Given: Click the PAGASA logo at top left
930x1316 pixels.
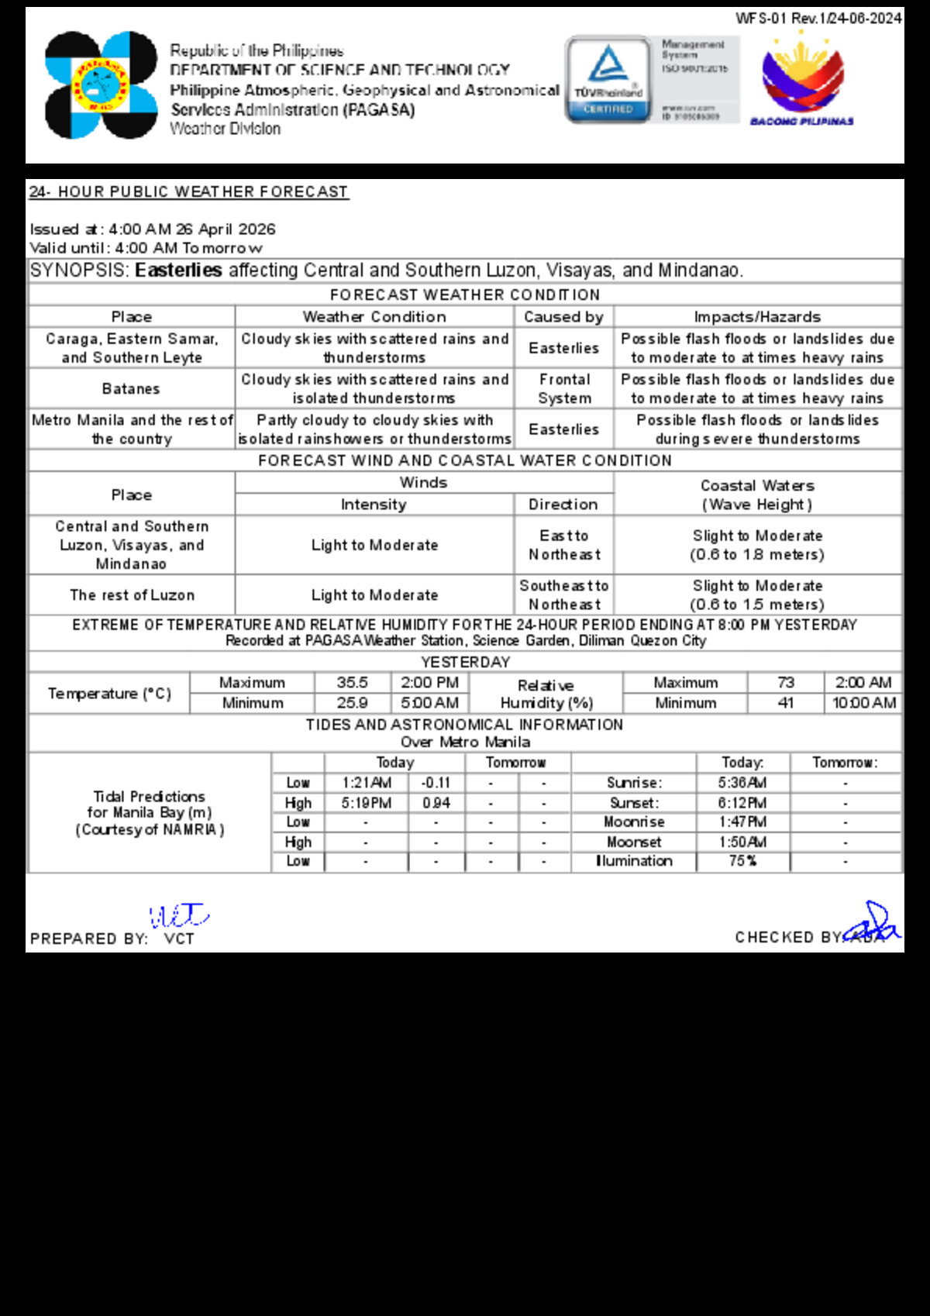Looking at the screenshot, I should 101,85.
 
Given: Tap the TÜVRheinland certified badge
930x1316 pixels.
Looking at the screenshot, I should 608,79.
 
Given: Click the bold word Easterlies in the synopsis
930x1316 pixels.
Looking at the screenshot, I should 178,270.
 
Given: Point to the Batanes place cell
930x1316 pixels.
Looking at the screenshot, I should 131,388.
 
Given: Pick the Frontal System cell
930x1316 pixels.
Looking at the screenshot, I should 564,388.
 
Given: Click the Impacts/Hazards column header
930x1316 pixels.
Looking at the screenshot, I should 757,316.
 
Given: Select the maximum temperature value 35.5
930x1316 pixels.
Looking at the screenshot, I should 352,683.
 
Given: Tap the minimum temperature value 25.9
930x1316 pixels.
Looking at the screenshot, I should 352,703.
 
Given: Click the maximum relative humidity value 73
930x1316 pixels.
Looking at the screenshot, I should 786,683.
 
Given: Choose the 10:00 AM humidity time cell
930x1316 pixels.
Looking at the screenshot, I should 864,703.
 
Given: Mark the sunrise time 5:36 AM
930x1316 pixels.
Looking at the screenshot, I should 742,783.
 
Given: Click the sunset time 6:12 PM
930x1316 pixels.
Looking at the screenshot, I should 742,803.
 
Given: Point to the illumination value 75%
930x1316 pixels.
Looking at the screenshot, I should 742,861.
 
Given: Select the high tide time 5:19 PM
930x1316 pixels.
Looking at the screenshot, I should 367,803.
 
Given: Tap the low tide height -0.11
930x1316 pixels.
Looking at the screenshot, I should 436,783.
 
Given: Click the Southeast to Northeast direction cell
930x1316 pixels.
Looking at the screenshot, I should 564,594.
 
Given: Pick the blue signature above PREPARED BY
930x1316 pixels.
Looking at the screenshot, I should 178,916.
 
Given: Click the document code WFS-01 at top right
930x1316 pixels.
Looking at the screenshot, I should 818,18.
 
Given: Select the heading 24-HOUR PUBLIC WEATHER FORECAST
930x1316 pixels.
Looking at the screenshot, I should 189,191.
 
